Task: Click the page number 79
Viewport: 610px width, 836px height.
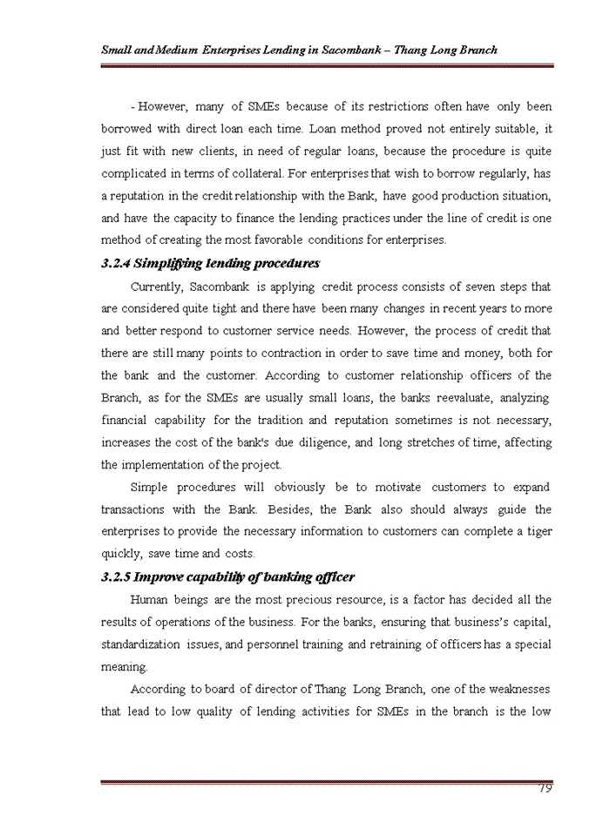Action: (545, 788)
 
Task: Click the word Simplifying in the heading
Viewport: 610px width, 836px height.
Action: (171, 263)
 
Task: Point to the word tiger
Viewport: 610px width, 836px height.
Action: (536, 531)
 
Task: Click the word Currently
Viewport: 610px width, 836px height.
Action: (155, 286)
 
